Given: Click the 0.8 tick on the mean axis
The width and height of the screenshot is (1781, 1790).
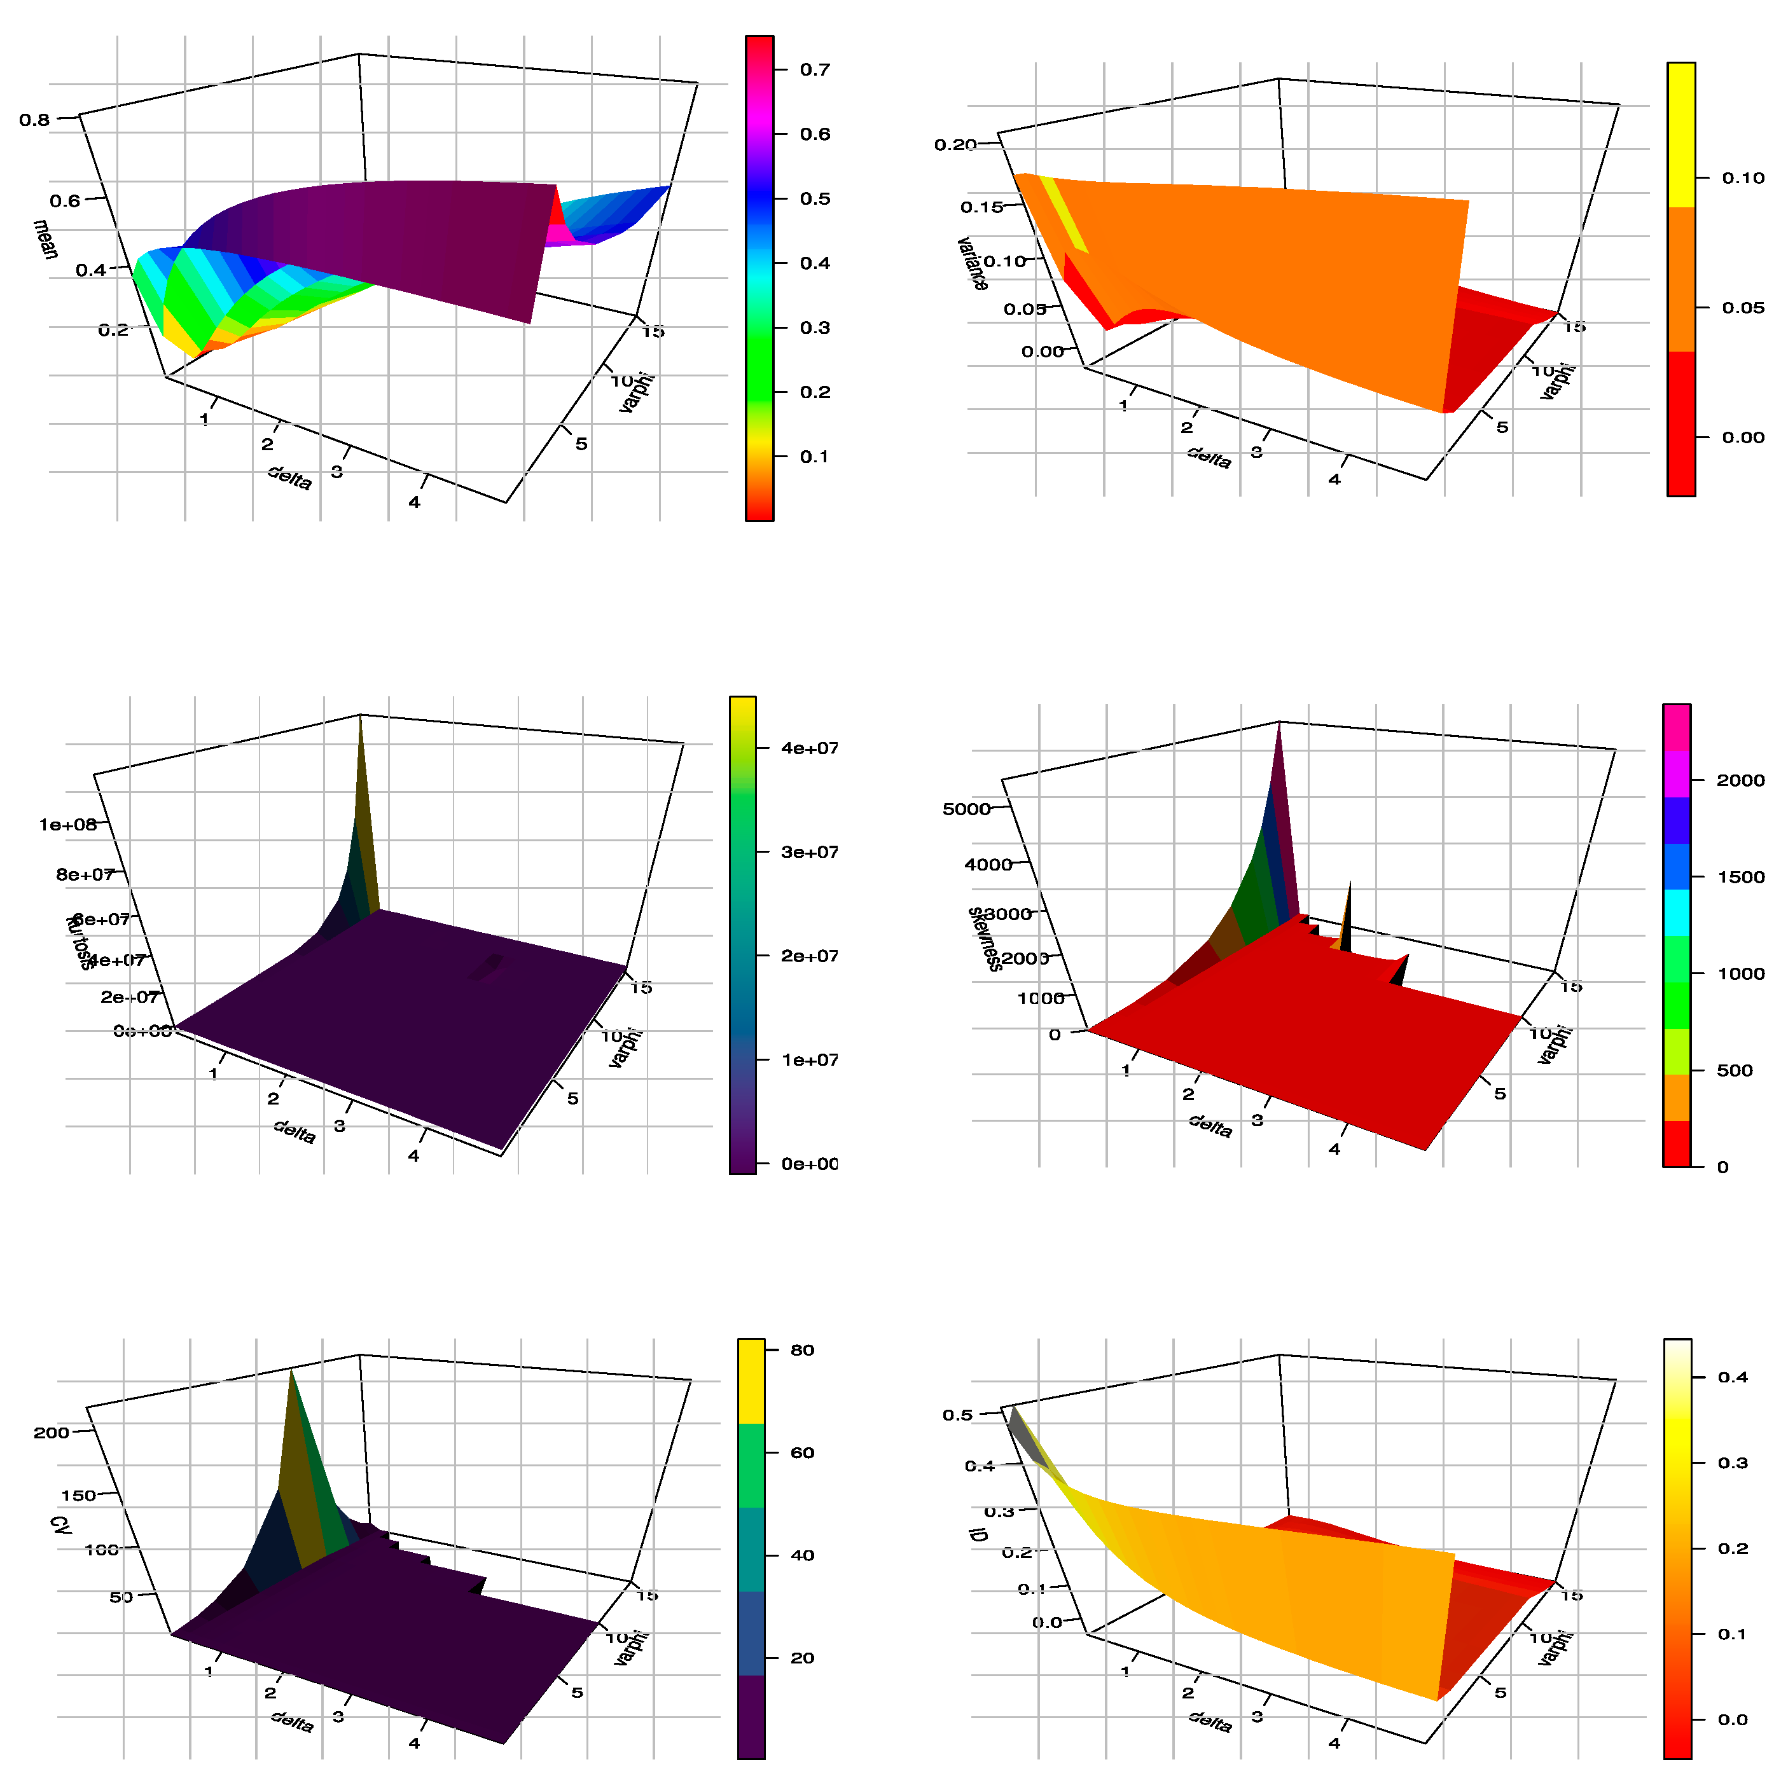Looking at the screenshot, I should [35, 120].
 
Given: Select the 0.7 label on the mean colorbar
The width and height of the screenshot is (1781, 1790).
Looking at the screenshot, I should [815, 69].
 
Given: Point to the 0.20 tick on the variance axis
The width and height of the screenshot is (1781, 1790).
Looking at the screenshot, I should [955, 144].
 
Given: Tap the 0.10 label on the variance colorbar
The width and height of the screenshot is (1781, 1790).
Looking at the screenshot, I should [1742, 178].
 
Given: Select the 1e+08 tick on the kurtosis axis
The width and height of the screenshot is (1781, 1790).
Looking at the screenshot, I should [67, 825].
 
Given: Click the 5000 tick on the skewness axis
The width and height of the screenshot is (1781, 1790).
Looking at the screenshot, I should [966, 809].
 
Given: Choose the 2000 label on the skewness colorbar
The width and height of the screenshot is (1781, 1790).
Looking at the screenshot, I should [1739, 780].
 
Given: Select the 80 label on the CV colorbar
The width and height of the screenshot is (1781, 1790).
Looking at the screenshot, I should [801, 1350].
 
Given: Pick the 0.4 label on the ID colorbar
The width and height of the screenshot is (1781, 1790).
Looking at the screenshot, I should [1732, 1377].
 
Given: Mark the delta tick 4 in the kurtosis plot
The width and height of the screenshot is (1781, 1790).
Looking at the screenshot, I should [413, 1155].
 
